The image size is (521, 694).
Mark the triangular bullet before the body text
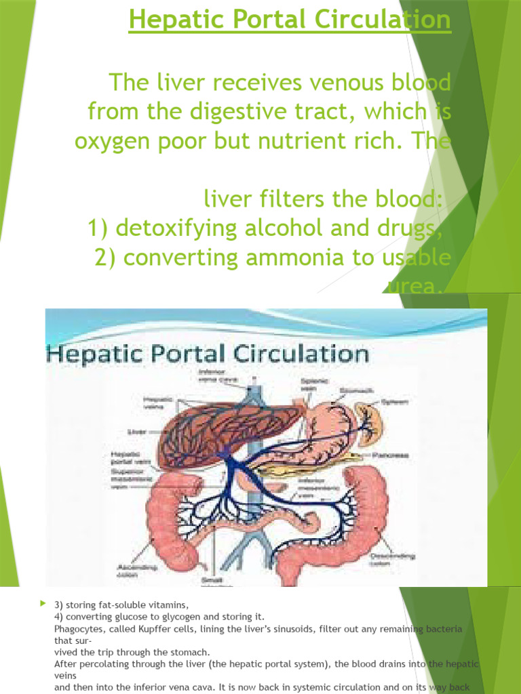42,602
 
